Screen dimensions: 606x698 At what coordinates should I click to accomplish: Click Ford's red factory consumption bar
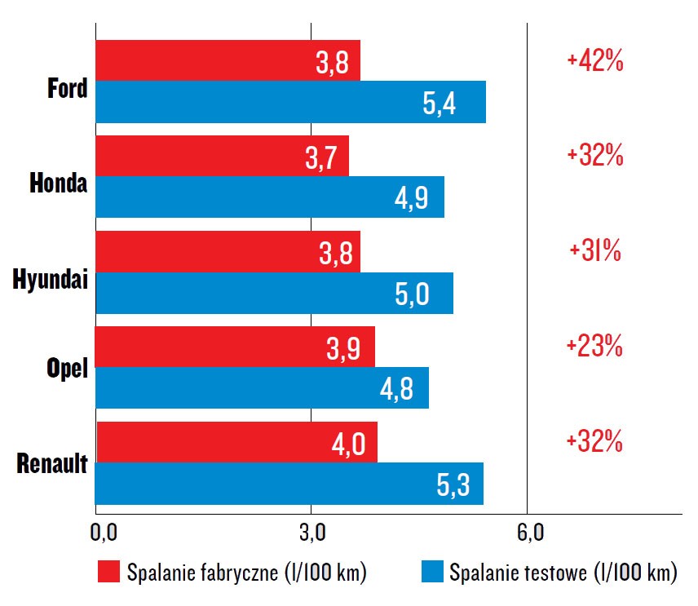pos(228,60)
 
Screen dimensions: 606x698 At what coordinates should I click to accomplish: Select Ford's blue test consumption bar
pos(290,102)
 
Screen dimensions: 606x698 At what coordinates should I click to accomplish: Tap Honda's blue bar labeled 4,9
pos(269,197)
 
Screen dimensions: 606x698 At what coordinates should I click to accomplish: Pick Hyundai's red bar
pos(228,251)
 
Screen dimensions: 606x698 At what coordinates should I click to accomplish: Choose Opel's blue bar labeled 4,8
pos(262,387)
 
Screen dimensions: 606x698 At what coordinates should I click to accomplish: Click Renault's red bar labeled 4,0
pos(236,442)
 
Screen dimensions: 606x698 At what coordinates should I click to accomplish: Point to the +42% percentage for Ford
pos(594,61)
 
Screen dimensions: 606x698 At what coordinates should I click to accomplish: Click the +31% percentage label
pos(595,251)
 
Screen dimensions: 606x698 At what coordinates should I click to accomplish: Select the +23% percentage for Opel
pos(594,347)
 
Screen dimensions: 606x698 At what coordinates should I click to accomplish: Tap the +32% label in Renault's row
pos(594,442)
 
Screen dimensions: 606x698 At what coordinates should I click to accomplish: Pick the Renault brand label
pos(51,468)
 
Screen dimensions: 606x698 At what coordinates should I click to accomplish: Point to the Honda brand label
pos(58,184)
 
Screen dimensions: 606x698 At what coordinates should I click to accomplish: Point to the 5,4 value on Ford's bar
pos(440,104)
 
